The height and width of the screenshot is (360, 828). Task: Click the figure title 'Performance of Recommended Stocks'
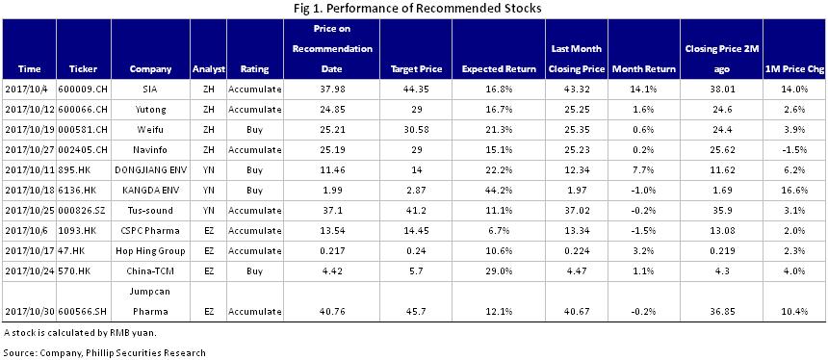pyautogui.click(x=413, y=9)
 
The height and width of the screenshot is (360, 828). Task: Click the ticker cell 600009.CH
pyautogui.click(x=84, y=89)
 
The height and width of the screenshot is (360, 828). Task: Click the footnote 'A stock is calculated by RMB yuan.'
pyautogui.click(x=80, y=332)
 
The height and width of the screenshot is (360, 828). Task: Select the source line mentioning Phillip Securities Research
pyautogui.click(x=104, y=351)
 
